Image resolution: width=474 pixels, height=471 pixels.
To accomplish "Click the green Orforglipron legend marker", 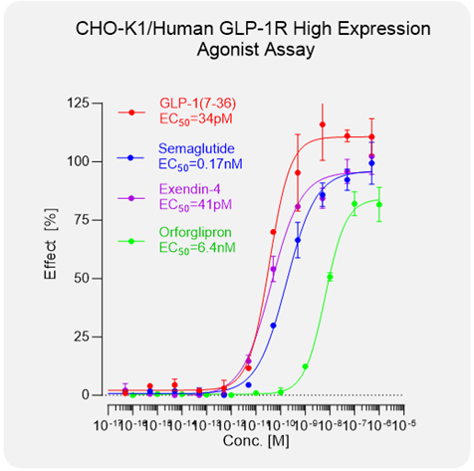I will pyautogui.click(x=133, y=240).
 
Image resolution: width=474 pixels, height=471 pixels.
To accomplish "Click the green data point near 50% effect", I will pyautogui.click(x=330, y=277).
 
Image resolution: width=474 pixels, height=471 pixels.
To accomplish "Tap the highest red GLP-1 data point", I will pyautogui.click(x=323, y=125).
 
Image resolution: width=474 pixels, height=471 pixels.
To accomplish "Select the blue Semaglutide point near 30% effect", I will pyautogui.click(x=274, y=325).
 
